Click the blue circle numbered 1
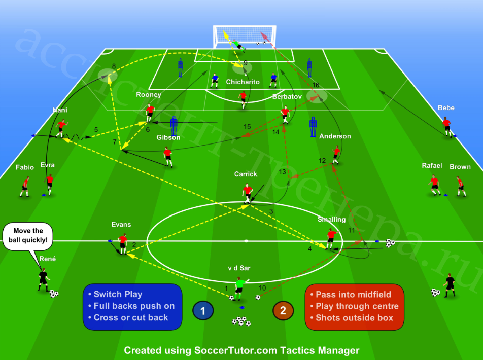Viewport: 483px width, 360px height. coord(203,310)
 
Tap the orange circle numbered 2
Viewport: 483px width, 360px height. coord(283,310)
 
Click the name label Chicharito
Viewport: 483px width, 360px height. coord(243,82)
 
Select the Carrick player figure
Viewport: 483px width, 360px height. coord(248,193)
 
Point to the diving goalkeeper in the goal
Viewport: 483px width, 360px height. coord(238,45)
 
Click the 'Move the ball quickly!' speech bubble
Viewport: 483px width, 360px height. coord(28,236)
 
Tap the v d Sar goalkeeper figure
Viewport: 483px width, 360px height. coord(239,288)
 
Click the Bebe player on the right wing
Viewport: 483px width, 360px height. coord(447,126)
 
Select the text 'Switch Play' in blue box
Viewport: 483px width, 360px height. coord(118,294)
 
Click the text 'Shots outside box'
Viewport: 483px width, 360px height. coord(354,318)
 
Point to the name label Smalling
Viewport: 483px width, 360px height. coord(331,219)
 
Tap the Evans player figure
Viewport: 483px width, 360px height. coord(123,244)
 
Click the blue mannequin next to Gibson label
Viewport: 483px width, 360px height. coord(174,126)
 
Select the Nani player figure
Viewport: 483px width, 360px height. coord(61,128)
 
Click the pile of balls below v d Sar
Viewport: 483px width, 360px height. coord(241,321)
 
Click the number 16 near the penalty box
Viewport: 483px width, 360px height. coord(316,85)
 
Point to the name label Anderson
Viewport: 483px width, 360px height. coord(335,136)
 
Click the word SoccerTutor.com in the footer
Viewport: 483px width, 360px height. coord(236,350)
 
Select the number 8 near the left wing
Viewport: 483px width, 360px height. coord(114,66)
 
